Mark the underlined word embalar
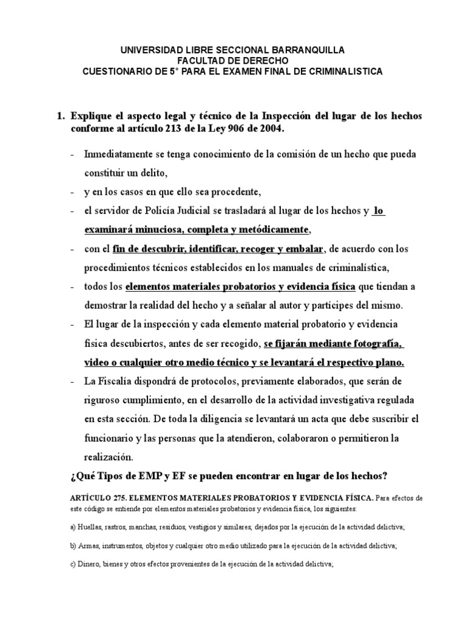point(305,249)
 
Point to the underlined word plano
point(385,363)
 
